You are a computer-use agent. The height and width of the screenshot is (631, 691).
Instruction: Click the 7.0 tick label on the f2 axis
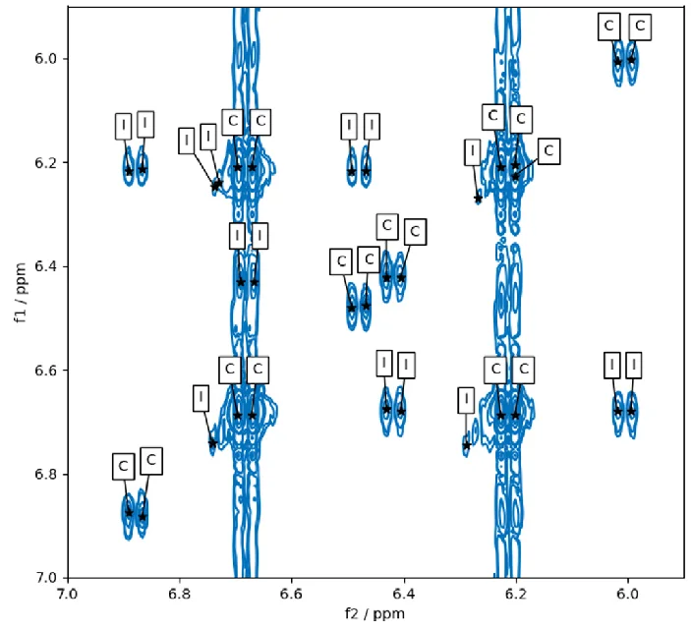click(67, 594)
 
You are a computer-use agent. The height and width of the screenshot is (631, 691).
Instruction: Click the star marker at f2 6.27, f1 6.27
click(478, 198)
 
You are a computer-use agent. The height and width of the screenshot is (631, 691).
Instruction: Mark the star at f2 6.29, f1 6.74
click(467, 445)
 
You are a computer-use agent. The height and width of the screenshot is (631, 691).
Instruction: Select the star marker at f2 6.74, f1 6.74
click(213, 442)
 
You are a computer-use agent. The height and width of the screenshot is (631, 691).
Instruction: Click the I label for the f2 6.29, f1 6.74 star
click(465, 401)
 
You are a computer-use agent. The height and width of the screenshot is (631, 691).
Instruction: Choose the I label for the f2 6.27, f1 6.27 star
click(472, 152)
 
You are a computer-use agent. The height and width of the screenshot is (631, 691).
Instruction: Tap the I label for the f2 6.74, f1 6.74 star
click(201, 398)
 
